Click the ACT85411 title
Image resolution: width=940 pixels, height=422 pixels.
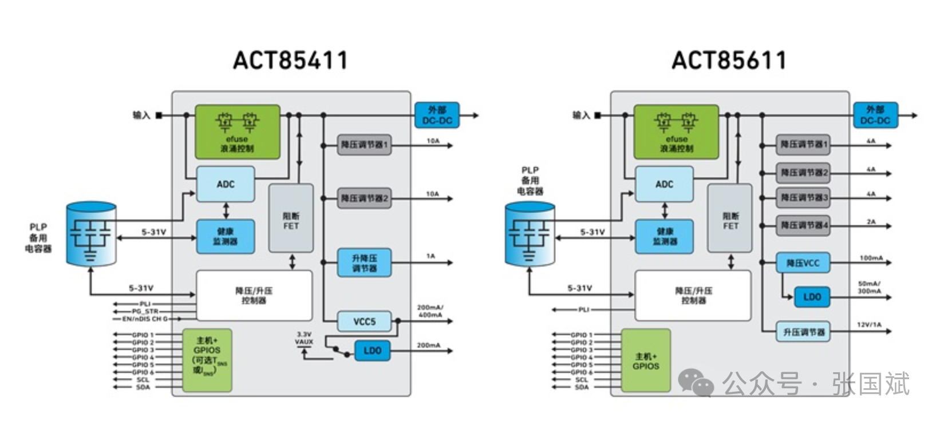(290, 61)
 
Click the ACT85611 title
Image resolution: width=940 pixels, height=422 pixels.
(729, 61)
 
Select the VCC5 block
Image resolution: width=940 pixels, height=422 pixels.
(364, 321)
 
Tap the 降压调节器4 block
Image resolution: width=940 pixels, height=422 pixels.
(803, 225)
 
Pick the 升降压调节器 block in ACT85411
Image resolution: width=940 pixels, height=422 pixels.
(364, 263)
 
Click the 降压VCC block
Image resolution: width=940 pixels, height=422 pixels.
(803, 263)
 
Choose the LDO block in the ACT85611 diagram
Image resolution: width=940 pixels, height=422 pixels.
(812, 297)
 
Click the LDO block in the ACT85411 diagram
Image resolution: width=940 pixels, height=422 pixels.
(372, 351)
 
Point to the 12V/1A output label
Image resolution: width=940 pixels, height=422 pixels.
(869, 325)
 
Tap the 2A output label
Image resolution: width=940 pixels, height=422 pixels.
(871, 221)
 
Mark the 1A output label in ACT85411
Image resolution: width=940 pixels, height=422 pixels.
(430, 256)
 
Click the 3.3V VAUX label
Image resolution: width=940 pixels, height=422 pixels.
(304, 338)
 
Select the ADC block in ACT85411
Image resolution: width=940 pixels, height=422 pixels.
(226, 184)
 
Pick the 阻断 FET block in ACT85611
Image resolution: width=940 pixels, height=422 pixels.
(730, 218)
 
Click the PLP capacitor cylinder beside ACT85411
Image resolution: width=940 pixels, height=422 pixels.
(91, 233)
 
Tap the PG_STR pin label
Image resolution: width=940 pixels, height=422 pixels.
(145, 311)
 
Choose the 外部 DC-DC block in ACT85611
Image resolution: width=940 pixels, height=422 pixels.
(875, 116)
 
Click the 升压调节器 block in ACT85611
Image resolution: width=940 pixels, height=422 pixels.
(803, 332)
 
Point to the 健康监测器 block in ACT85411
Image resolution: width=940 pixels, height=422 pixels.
(226, 236)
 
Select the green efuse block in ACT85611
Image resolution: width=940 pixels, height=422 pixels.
(676, 132)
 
